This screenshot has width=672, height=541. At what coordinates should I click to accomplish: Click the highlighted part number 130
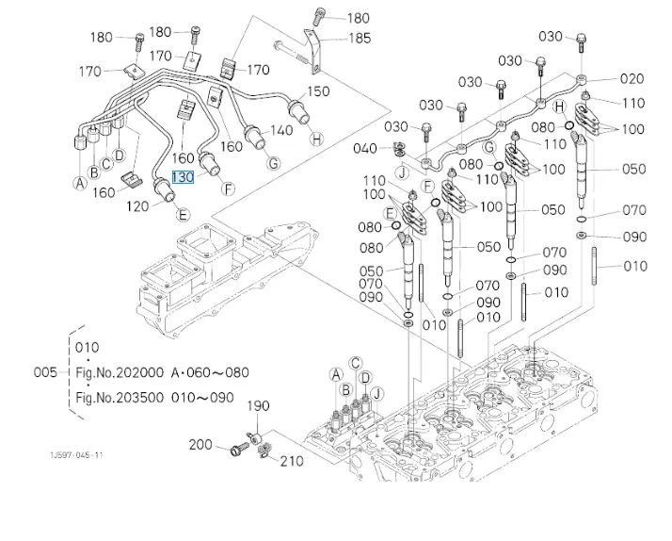182,176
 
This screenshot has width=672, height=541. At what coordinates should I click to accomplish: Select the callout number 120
138,205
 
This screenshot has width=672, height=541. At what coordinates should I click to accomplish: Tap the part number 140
281,131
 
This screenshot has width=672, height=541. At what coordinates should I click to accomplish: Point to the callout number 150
319,91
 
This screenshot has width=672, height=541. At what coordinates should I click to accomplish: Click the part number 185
360,39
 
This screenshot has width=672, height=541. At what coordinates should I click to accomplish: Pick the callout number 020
632,79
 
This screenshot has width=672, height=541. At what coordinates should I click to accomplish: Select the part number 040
365,148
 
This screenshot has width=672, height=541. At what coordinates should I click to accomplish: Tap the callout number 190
258,406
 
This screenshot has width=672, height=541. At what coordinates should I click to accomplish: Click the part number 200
201,444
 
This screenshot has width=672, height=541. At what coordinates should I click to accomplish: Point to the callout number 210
292,461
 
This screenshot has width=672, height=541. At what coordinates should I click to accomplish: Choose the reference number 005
46,372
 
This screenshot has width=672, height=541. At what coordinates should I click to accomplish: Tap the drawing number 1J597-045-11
77,455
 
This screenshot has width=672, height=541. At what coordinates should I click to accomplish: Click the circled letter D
120,155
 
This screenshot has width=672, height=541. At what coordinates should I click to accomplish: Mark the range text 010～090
208,397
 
